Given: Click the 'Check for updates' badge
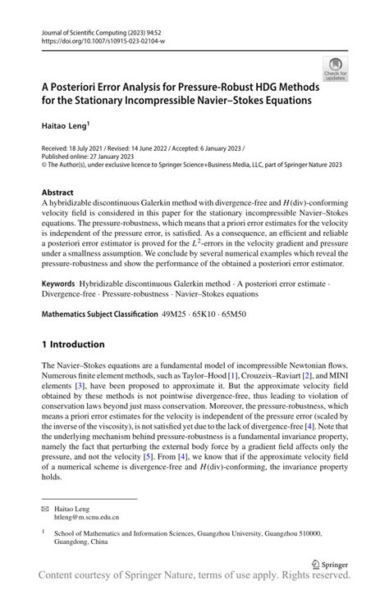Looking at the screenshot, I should click(334, 69).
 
